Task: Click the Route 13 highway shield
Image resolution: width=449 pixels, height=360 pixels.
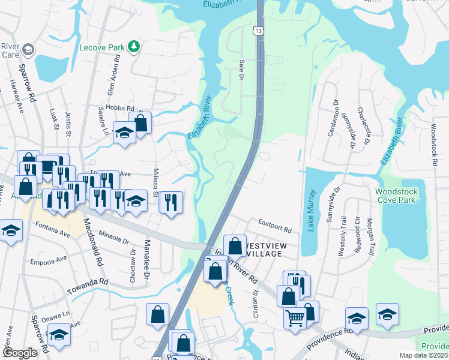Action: coord(258,30)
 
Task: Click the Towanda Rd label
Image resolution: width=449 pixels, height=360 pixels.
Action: coord(87,281)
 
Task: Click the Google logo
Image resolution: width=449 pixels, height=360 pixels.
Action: coord(20,353)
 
